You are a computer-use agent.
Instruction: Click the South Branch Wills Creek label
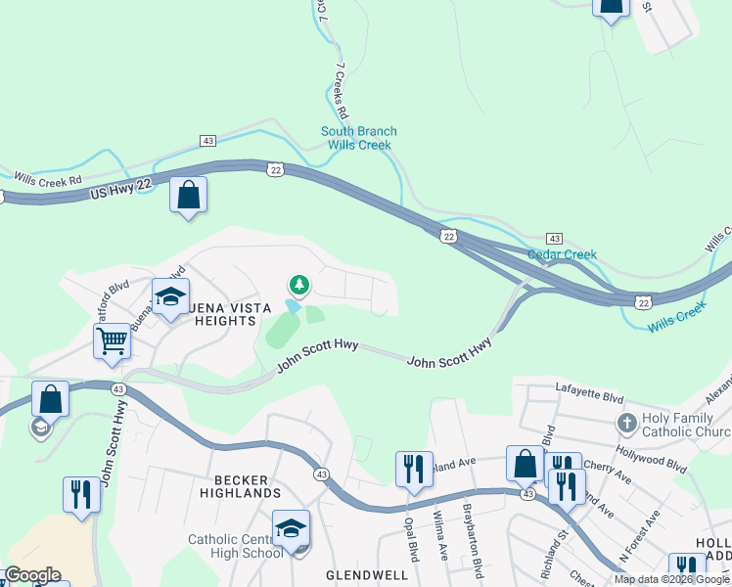(x=359, y=138)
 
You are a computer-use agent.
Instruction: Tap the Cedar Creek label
(x=562, y=254)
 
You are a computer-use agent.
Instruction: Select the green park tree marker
(x=298, y=286)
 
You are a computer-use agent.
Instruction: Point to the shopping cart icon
(x=113, y=342)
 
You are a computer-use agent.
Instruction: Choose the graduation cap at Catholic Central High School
(x=291, y=528)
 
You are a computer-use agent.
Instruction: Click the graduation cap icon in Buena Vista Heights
(x=170, y=296)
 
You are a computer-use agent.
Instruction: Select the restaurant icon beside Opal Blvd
(x=414, y=469)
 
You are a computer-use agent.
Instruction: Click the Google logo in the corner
(x=31, y=575)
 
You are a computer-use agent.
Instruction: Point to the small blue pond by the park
(x=293, y=306)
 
